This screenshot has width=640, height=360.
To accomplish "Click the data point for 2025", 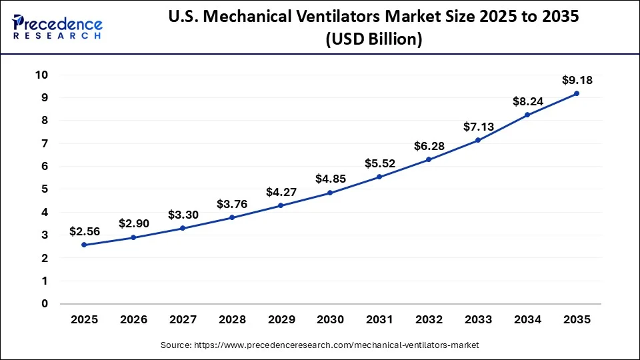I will tap(83, 245).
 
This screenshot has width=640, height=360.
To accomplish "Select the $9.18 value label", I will tap(577, 80).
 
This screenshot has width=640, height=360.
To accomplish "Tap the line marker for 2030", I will tap(330, 193).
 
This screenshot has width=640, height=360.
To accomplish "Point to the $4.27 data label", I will tap(281, 192).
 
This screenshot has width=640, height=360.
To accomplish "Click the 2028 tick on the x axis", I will tap(231, 320).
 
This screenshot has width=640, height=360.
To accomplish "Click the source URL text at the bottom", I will tap(320, 345).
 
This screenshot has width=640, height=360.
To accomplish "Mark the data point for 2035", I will tap(577, 93).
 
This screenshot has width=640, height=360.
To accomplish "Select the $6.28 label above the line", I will tap(429, 146).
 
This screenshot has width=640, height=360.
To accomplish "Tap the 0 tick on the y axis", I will tap(45, 304).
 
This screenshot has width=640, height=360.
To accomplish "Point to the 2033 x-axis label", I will tap(478, 320).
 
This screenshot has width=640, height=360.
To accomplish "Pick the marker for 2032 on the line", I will tap(429, 159).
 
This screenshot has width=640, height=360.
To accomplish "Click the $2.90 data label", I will tap(133, 224).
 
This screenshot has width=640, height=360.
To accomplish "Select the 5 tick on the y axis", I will tap(45, 189).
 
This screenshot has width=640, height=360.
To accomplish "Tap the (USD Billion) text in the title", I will tap(373, 40).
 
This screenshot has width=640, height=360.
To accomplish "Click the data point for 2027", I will tap(182, 228).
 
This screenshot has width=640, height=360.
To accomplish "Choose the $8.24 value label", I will tap(527, 101).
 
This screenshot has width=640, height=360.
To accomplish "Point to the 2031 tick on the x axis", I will tap(379, 320).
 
